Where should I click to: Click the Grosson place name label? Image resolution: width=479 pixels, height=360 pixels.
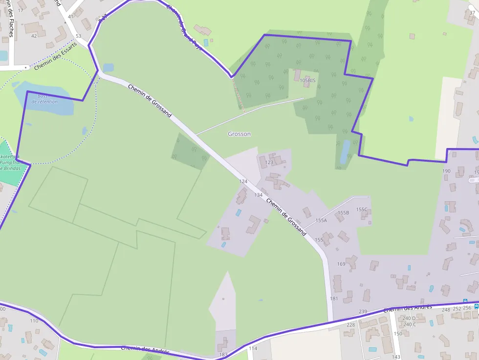coord(239,134)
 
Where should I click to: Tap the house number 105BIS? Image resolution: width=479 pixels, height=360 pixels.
coord(307,80)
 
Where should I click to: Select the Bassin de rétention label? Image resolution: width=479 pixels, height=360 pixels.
coord(44,99)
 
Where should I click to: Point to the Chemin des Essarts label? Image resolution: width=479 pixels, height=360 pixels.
coord(55,56)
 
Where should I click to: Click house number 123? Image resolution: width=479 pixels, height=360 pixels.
coord(269,162)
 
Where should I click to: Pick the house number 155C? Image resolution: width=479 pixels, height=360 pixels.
coord(362,210)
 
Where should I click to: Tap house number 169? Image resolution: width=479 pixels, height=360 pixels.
coord(341,264)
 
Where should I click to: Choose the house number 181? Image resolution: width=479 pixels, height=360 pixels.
coord(334,298)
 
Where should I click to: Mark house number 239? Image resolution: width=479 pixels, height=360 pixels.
coord(363,312)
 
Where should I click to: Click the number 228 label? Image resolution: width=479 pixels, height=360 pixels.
coord(350,325)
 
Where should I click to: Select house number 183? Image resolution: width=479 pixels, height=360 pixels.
coord(223,355)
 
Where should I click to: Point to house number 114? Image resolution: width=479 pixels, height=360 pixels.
coord(253,348)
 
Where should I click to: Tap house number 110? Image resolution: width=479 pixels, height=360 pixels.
coord(34,321)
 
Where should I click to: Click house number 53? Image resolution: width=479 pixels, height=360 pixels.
coord(78,36)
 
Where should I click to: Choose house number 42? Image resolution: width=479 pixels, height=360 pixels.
coord(34,36)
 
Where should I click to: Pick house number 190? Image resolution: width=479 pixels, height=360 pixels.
coord(446,171)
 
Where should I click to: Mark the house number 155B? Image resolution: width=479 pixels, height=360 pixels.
coord(344,213)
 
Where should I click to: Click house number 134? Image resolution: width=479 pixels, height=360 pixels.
coord(259,195)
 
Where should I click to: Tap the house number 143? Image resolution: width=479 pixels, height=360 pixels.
coord(396,357)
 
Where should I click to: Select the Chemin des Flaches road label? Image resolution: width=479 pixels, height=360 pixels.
coord(11,22)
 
